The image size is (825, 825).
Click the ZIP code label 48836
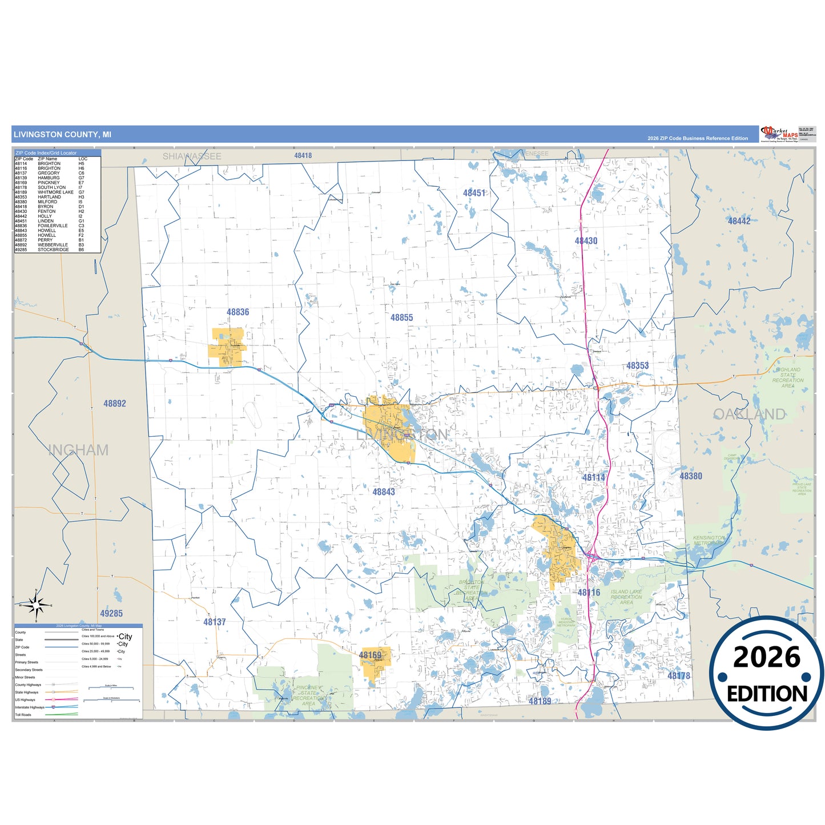(238, 312)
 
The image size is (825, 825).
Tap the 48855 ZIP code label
(401, 317)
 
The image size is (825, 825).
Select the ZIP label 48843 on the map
(384, 492)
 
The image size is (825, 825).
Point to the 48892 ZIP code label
(115, 404)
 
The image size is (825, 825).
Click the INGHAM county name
(78, 450)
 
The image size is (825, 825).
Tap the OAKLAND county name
(749, 414)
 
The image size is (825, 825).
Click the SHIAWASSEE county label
(192, 156)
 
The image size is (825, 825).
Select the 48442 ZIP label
(739, 221)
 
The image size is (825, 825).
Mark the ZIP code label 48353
(637, 366)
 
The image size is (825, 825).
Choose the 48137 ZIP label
(215, 622)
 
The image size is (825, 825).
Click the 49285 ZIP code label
(111, 613)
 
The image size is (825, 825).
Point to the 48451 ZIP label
(474, 193)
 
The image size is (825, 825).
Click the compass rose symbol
(35, 605)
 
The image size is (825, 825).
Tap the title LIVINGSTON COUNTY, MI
(62, 135)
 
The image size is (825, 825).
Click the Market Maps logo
(779, 134)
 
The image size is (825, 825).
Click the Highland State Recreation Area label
(788, 378)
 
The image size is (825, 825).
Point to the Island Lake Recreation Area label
(626, 597)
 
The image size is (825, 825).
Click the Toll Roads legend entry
(23, 715)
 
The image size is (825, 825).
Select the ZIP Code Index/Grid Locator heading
(46, 153)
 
